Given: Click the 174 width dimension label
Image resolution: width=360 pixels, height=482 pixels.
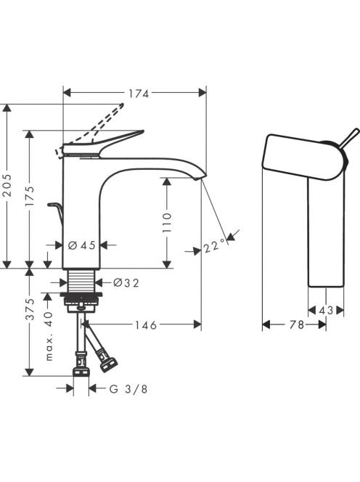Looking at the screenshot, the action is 139,94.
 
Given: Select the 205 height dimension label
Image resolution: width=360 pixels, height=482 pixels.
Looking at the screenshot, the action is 7,185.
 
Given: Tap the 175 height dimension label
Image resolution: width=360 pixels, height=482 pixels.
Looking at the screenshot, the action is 30,197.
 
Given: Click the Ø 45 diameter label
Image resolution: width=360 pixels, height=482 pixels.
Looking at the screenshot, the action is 81,245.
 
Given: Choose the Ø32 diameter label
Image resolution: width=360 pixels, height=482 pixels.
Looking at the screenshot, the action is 126,282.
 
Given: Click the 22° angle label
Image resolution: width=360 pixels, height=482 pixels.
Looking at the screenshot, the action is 214,246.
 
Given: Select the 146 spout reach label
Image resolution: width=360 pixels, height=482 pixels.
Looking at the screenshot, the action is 146,324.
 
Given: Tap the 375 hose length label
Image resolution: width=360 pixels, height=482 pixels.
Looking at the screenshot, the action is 30,309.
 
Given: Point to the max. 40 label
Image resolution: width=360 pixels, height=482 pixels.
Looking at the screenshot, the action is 49,335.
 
